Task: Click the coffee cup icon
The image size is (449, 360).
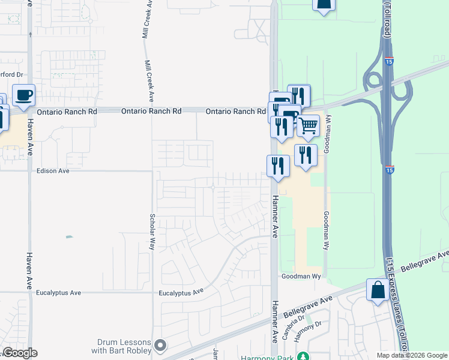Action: [x=23, y=95]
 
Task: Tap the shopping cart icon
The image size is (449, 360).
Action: [x=308, y=125]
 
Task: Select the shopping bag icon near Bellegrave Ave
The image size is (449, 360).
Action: [x=378, y=290]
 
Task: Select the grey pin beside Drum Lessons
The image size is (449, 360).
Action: [x=160, y=345]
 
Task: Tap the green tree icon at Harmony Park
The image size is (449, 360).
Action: [x=304, y=356]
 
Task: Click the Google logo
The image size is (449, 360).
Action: [x=20, y=353]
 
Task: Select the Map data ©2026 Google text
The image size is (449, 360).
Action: [x=412, y=355]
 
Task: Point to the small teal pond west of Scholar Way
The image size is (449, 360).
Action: [x=69, y=237]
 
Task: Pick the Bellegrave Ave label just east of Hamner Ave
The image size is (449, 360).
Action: [x=308, y=307]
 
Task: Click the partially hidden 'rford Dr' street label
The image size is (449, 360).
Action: [x=11, y=75]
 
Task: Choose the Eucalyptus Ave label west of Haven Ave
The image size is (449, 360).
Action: [x=58, y=293]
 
